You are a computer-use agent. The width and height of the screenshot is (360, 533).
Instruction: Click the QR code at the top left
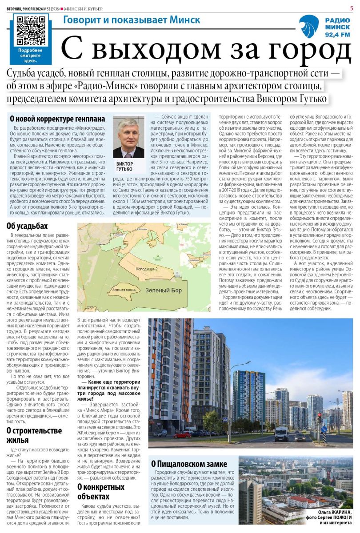(x=30, y=30)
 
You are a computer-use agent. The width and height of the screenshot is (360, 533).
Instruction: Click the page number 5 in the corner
(x=351, y=8)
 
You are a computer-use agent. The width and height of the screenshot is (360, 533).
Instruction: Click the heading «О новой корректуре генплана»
(x=57, y=119)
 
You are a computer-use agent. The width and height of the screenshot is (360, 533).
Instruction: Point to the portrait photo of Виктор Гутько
(x=128, y=137)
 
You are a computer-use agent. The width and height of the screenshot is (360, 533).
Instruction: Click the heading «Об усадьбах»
(x=27, y=226)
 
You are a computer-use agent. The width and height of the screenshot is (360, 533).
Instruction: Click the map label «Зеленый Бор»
(x=163, y=290)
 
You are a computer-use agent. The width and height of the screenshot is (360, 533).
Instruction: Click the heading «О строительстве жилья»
(x=34, y=435)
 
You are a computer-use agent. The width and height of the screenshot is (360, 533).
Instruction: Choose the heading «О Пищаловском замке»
(x=189, y=464)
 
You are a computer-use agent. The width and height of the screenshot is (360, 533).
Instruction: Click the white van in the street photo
(x=281, y=434)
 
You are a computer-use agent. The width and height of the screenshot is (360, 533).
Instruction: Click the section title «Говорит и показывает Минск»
(x=132, y=20)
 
